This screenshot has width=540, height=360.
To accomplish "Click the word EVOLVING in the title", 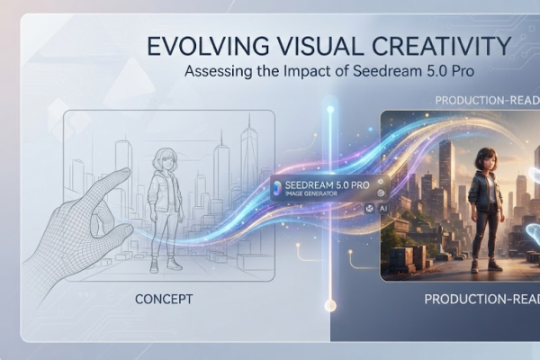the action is [x=208, y=46].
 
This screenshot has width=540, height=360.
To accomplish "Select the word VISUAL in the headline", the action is [x=319, y=46].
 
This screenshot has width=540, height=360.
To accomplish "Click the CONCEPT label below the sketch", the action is [x=164, y=299].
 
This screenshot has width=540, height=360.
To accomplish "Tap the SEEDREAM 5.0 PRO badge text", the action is [x=328, y=185].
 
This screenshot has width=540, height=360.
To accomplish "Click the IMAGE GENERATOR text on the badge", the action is [x=311, y=193].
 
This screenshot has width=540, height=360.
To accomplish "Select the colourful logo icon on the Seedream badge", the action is [x=277, y=188].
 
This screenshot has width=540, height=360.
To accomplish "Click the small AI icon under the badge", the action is [x=383, y=209].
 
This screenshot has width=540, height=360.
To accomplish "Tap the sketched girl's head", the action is [x=165, y=159].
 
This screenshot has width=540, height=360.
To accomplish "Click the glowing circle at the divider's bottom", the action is [x=330, y=305].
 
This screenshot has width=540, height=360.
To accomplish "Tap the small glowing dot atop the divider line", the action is [x=330, y=110].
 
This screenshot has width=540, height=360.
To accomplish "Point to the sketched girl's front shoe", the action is [x=175, y=265].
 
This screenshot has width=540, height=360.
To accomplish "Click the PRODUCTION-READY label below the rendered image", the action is [x=482, y=299].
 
